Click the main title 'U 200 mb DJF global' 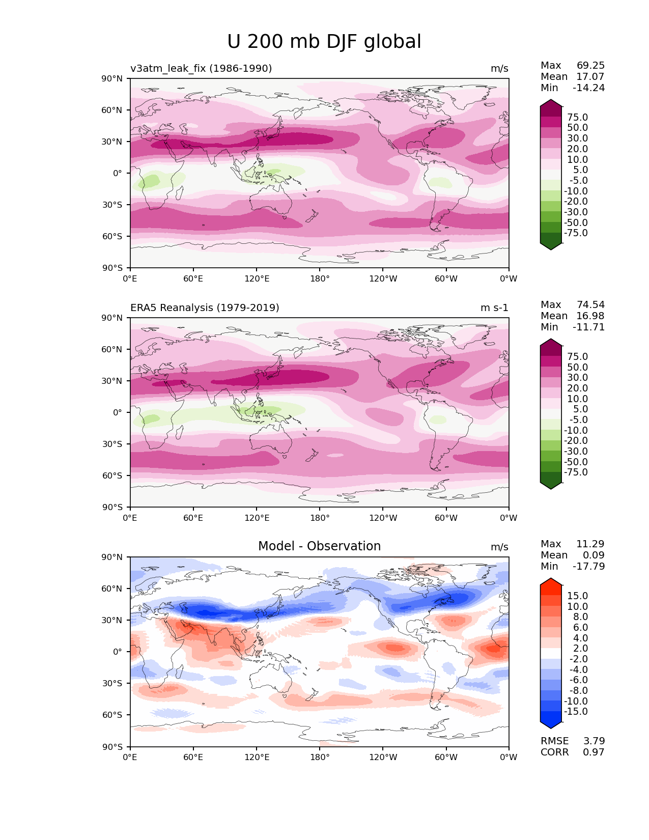point(324,42)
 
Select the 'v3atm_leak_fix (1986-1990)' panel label point(201,68)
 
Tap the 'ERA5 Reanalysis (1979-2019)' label point(205,307)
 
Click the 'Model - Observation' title point(319,546)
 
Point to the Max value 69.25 point(590,65)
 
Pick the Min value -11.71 point(588,327)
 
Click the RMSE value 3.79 point(594,741)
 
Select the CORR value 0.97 point(594,752)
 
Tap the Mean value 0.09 point(594,555)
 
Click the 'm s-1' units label point(494,307)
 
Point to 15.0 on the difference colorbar point(577,596)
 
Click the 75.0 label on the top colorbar point(577,117)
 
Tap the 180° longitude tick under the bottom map point(320,757)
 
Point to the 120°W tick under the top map point(383,278)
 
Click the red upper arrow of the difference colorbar point(551,583)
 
